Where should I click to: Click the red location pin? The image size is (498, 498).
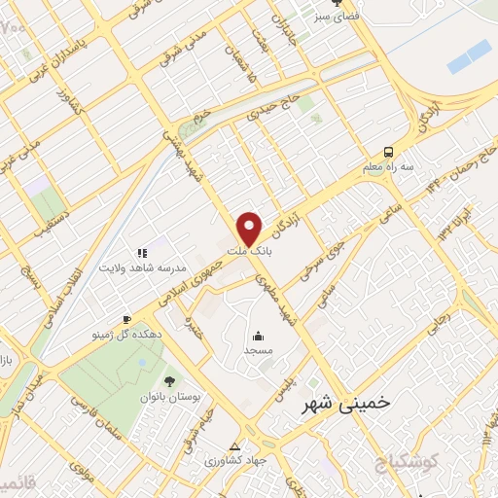point(251,229)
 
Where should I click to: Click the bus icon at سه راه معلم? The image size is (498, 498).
point(387,152)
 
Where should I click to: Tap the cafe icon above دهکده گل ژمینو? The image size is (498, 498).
point(126,319)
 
